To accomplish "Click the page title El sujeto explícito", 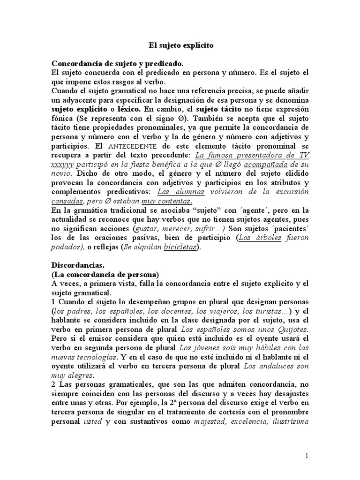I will (x=181, y=45).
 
